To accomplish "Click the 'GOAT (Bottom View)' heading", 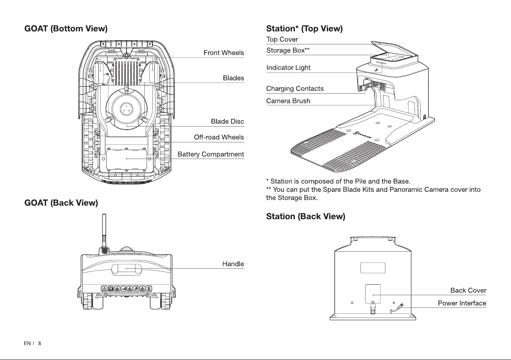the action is (x=66, y=29).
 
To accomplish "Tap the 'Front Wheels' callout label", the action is (x=223, y=53).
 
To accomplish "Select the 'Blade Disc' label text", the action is (x=227, y=122).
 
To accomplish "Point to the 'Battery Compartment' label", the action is (x=211, y=154).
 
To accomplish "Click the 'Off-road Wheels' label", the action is (x=219, y=137).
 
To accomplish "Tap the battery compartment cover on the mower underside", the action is (x=127, y=159).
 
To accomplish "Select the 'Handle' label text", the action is (x=233, y=264).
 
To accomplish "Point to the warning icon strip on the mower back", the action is (x=126, y=289).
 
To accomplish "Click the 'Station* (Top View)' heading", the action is (x=304, y=29).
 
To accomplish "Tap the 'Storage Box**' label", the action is (x=288, y=50).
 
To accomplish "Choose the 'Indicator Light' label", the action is (x=288, y=68).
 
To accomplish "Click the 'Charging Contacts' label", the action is (x=295, y=88).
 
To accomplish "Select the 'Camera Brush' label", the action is (x=288, y=101).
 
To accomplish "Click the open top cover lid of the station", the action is (x=394, y=48).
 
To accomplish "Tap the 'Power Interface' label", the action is (x=462, y=303).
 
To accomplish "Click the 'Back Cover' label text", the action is (x=468, y=291).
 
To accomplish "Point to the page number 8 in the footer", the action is (x=39, y=343).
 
